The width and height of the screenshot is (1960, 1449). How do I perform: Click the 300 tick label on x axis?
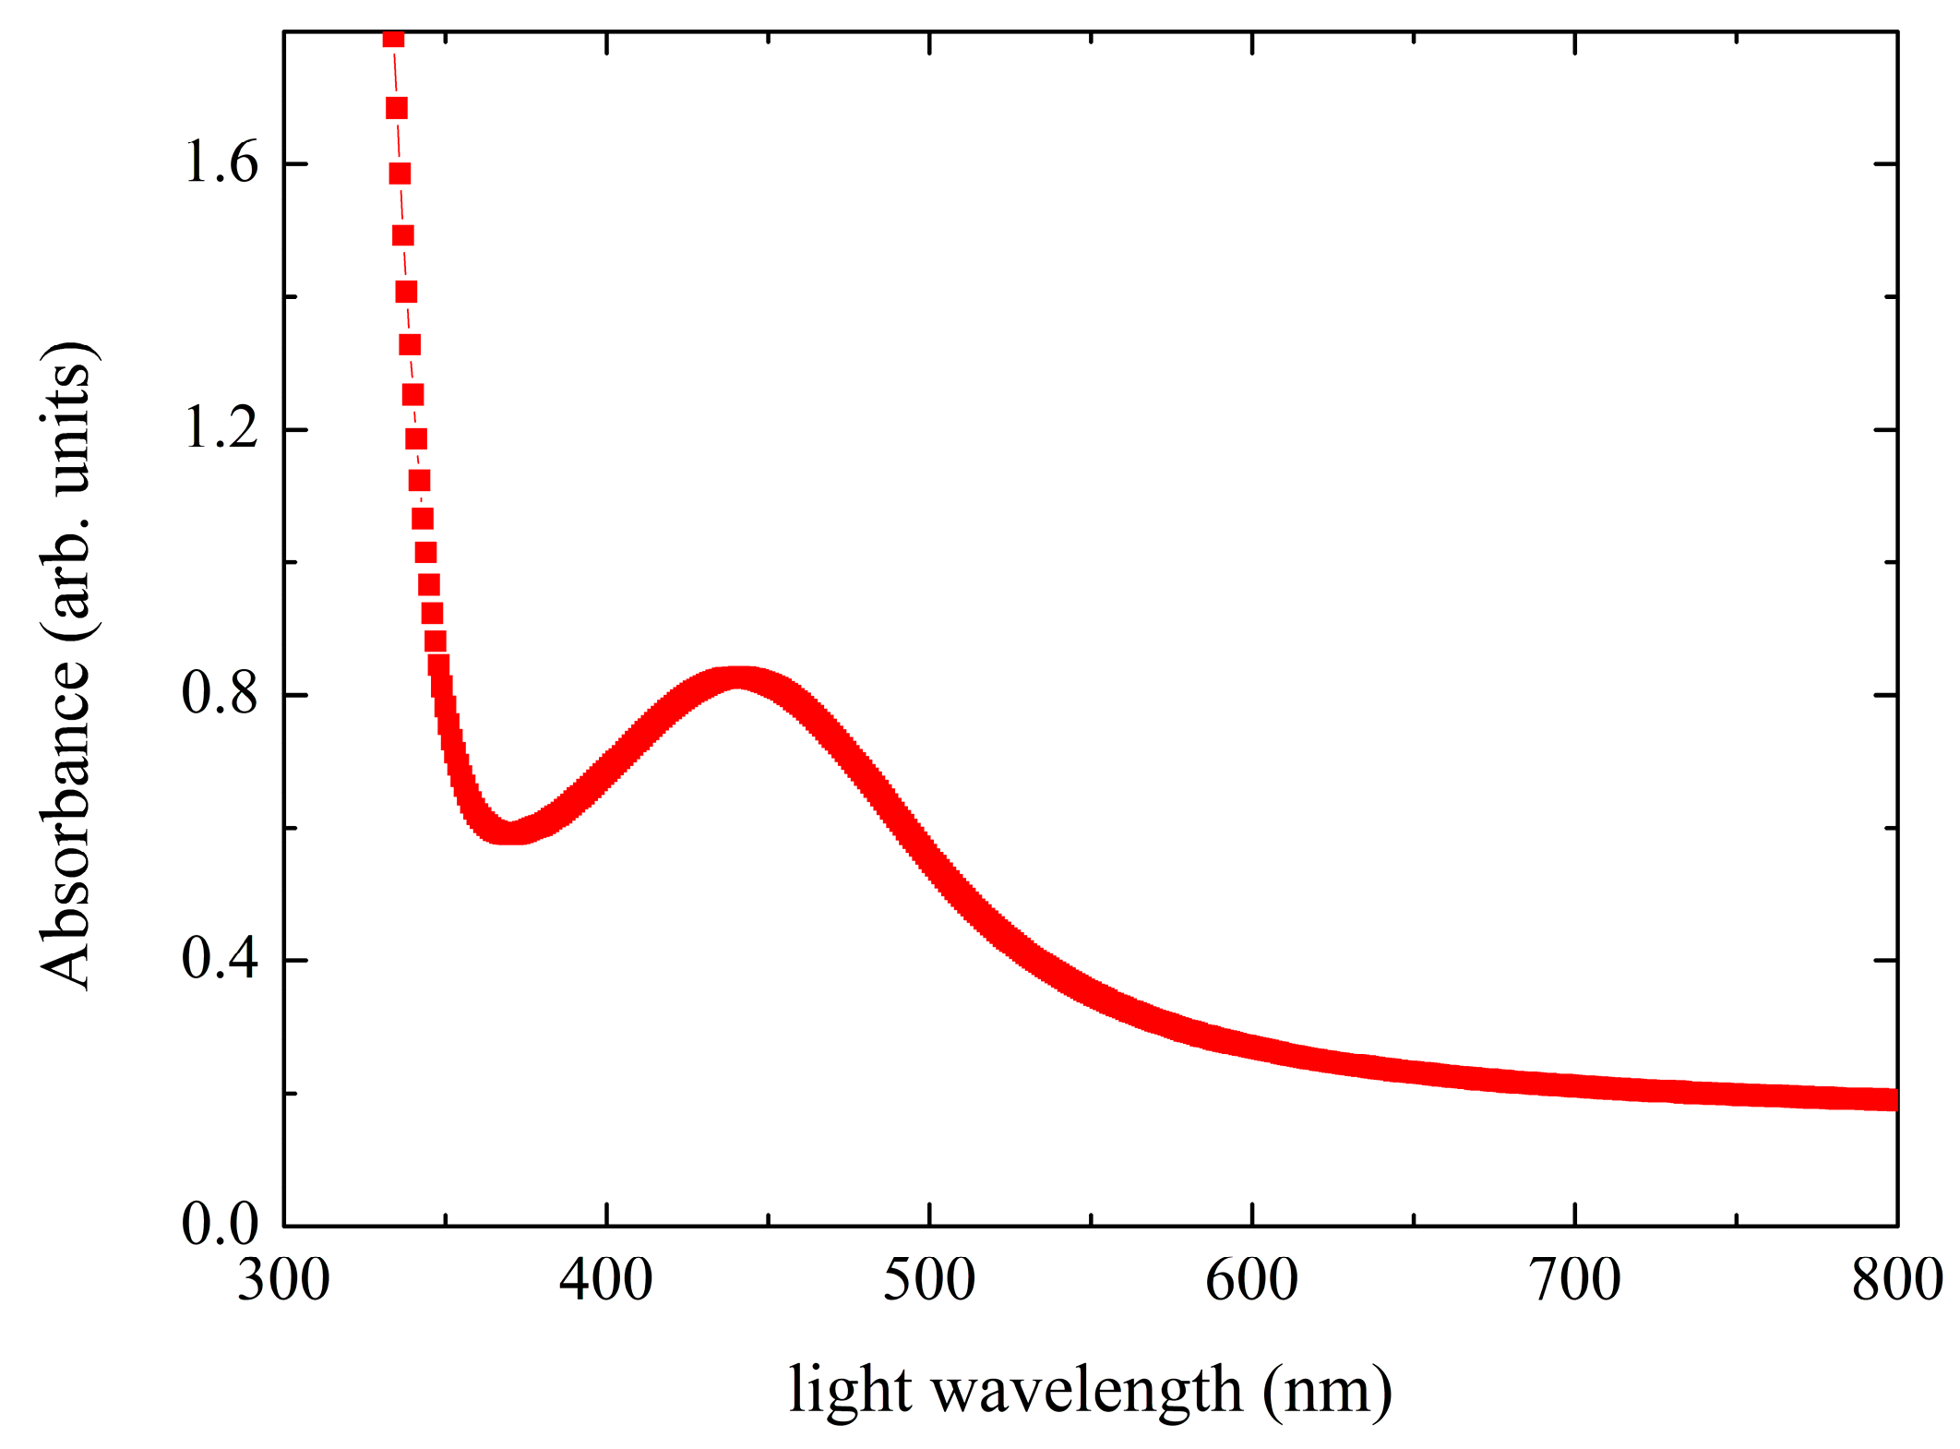(x=283, y=1282)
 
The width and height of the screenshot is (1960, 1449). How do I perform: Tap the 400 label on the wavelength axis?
(x=606, y=1282)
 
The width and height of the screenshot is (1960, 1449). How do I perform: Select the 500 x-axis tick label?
(x=929, y=1282)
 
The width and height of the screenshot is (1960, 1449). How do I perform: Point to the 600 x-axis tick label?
(x=1252, y=1282)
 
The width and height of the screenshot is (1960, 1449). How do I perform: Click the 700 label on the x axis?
(x=1575, y=1282)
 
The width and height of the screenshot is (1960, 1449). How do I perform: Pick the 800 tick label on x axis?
(x=1897, y=1282)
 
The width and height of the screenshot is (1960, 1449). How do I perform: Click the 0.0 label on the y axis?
(x=220, y=1226)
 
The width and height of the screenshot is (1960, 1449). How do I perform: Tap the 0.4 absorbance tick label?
(x=220, y=960)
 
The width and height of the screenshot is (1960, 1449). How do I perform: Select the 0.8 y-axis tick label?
(x=220, y=694)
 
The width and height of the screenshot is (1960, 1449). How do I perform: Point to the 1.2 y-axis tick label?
(x=220, y=429)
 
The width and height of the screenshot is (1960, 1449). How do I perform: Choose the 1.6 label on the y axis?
(x=220, y=164)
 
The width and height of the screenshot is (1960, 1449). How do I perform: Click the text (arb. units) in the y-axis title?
(x=66, y=489)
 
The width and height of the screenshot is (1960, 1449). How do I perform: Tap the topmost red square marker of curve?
(x=393, y=38)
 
